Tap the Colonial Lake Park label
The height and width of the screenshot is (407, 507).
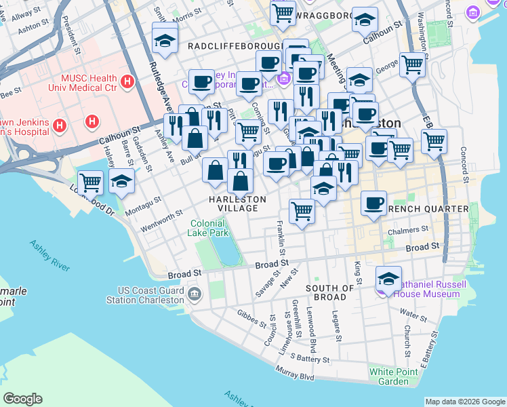coord(209,227)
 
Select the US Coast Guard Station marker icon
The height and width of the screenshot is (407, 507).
coord(195,294)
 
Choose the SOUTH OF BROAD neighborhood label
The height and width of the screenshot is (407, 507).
coord(330,292)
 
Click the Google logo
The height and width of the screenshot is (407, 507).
coord(22,399)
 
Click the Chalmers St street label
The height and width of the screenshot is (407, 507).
coord(408,231)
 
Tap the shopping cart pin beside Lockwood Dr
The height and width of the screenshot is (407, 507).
coord(90,182)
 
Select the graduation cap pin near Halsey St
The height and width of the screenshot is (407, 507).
coord(121,181)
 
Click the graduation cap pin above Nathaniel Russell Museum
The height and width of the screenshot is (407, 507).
coord(389,279)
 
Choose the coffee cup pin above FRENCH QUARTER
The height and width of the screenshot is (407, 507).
coord(373,203)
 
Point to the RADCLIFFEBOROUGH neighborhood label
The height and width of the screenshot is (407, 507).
coord(234,45)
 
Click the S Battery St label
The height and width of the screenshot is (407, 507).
coord(309,357)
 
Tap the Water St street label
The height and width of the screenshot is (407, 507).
coord(413,313)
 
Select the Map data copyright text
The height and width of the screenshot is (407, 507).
coord(465,402)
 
